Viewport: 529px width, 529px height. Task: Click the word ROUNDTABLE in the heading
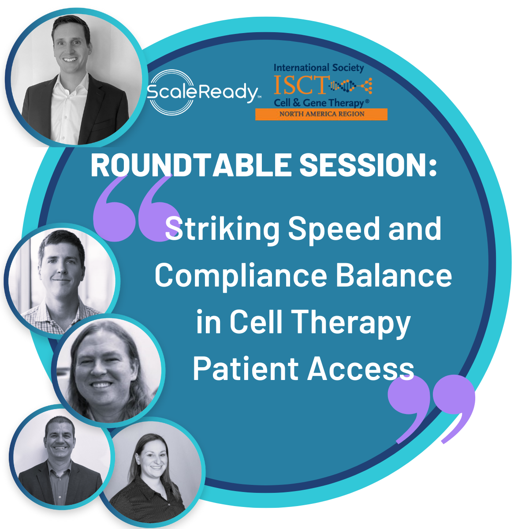click(x=191, y=165)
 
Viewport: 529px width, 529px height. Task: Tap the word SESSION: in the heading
click(x=368, y=165)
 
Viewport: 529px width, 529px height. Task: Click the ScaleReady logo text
click(x=203, y=92)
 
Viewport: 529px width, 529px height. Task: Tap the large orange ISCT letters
click(x=301, y=85)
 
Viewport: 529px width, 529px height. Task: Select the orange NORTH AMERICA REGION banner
click(x=321, y=114)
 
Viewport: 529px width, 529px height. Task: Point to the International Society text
click(x=319, y=68)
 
